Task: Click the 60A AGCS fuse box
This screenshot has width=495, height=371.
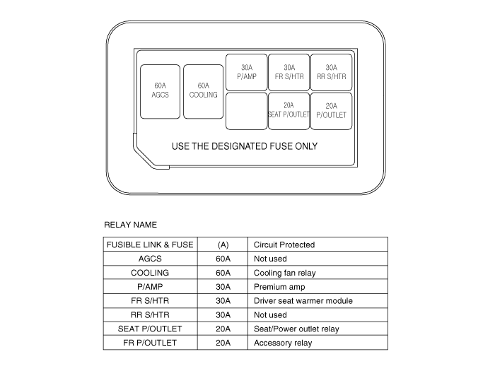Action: point(160,92)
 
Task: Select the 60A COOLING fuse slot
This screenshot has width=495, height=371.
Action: point(204,92)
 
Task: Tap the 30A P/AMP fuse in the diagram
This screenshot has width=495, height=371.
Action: point(247,72)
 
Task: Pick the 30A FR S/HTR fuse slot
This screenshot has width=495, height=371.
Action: point(289,72)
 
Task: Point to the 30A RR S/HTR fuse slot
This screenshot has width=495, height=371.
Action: point(332,72)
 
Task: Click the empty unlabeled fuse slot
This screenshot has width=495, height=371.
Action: point(247,111)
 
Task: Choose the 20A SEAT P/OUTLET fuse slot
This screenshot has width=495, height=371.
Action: point(289,111)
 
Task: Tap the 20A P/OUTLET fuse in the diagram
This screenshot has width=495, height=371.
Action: point(332,111)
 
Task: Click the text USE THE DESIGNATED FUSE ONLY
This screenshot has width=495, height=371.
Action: point(245,146)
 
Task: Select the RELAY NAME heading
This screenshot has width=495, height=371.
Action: point(130,225)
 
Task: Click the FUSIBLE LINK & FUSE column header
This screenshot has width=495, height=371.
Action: point(150,245)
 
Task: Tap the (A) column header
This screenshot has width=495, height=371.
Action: point(223,245)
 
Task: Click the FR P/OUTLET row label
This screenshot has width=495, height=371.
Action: point(150,343)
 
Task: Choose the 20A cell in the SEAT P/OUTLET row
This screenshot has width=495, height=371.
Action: point(223,329)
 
